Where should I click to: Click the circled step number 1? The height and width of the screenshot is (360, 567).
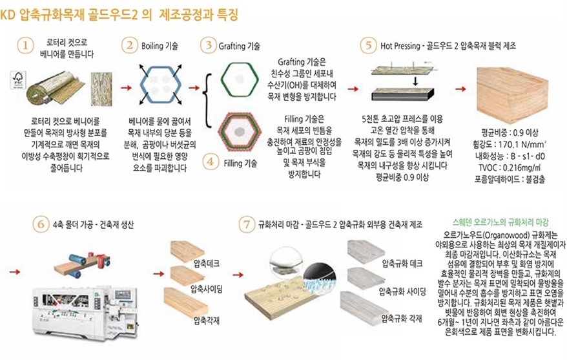[25, 46]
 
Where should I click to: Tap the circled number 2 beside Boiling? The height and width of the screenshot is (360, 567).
[129, 46]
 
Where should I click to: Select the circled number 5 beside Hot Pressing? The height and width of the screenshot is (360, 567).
[368, 46]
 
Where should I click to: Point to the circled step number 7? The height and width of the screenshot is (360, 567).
[247, 224]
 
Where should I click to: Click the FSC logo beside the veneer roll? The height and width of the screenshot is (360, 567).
[18, 80]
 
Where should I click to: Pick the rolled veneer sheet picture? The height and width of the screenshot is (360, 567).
[56, 87]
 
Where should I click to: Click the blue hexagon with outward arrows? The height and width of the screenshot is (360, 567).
[160, 84]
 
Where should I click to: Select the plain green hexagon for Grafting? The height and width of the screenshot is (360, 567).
[240, 80]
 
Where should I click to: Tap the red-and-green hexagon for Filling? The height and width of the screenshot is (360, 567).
[239, 132]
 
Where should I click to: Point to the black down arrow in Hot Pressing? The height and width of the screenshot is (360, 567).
[415, 81]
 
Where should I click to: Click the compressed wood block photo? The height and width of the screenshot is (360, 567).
[512, 95]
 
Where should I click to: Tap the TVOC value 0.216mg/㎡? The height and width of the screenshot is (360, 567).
[522, 168]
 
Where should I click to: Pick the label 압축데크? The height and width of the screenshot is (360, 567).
[206, 263]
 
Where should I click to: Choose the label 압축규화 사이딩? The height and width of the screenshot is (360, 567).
[402, 291]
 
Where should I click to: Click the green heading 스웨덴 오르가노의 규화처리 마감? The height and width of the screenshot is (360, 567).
[500, 222]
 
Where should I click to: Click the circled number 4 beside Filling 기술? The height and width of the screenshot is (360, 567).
[211, 162]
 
